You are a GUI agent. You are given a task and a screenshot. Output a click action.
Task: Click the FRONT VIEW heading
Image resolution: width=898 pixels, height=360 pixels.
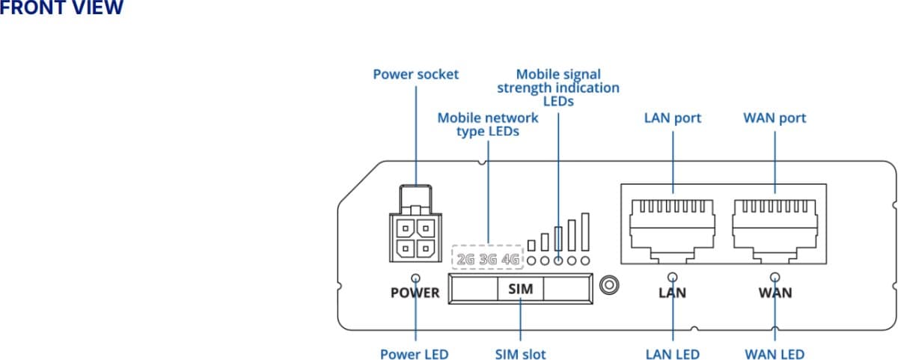point(61,8)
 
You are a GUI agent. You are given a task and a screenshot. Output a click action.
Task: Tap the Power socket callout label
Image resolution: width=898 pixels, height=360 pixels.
point(415,74)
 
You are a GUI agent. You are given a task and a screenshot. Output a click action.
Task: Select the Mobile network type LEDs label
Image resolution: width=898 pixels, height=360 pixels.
point(487,124)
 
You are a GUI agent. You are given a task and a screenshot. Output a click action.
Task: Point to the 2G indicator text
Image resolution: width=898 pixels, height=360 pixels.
point(465,260)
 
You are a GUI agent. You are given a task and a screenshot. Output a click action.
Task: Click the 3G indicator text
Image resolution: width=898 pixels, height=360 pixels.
point(488,260)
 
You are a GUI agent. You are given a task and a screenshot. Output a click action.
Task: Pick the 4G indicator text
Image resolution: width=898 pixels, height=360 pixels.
point(510,260)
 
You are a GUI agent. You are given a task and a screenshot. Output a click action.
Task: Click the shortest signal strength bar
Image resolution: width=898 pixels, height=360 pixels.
point(531,245)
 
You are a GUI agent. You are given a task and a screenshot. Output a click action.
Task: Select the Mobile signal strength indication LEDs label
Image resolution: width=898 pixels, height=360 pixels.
point(558,88)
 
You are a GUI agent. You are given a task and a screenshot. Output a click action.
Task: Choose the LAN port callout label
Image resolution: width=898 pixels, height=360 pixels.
point(673,118)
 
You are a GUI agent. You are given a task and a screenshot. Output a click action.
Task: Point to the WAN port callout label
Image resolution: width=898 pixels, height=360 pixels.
point(775,118)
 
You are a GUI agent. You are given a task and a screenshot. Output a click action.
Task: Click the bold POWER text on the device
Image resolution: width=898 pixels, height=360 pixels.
point(415,293)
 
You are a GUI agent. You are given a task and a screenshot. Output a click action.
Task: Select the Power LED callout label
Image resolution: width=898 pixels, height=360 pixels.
point(414,354)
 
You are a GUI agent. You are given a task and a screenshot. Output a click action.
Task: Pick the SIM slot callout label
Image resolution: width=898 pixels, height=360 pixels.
point(520,354)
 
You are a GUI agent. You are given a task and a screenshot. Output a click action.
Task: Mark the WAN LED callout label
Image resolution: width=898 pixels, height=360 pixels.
point(775,354)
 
